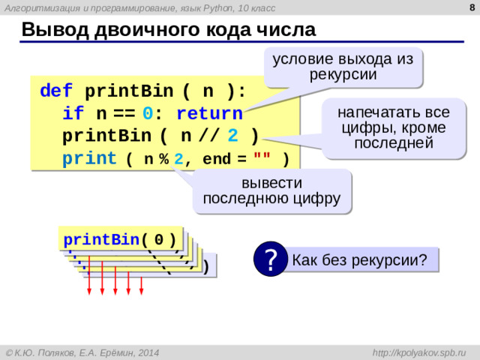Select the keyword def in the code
pyautogui.click(x=56, y=91)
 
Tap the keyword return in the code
pyautogui.click(x=209, y=115)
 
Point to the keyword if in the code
pyautogui.click(x=73, y=115)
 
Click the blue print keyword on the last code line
pyautogui.click(x=89, y=159)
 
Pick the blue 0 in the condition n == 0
pyautogui.click(x=150, y=115)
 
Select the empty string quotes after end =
pyautogui.click(x=262, y=159)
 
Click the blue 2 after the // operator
pyautogui.click(x=232, y=137)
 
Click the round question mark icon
pyautogui.click(x=270, y=259)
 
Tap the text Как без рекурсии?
pyautogui.click(x=359, y=260)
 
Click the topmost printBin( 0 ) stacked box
pyautogui.click(x=120, y=240)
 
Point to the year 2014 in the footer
pyautogui.click(x=148, y=352)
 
